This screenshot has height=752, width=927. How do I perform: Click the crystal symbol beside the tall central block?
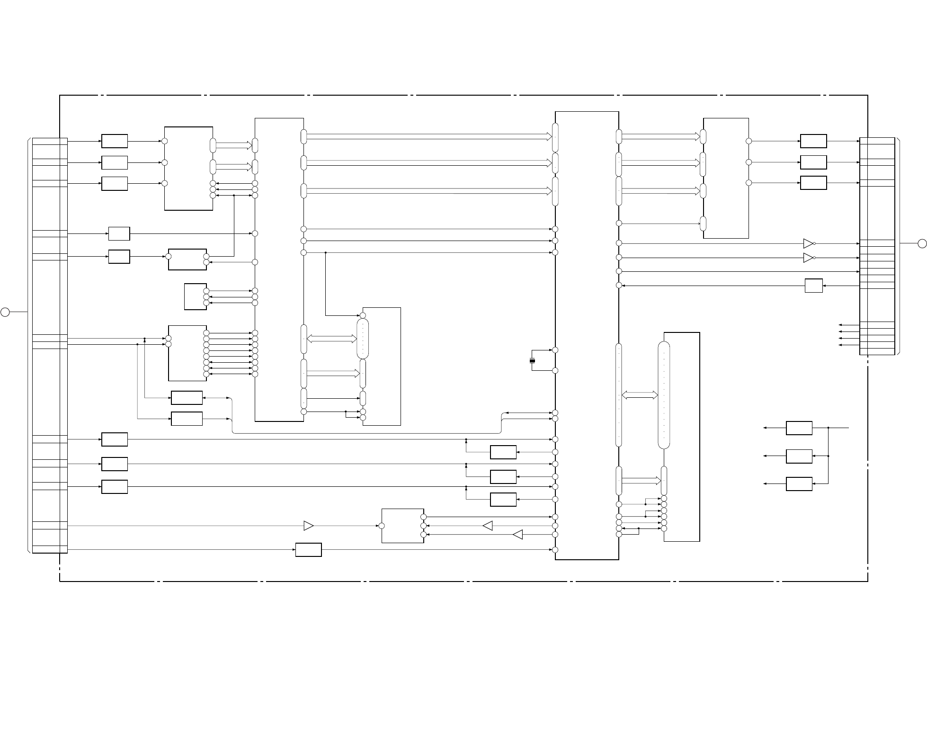click(x=532, y=361)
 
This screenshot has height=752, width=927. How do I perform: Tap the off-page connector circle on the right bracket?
click(x=922, y=243)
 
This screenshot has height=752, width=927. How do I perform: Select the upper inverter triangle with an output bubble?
click(x=808, y=243)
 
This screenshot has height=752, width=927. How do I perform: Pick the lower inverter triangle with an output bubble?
click(x=808, y=258)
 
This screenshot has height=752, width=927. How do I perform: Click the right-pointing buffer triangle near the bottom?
click(x=308, y=526)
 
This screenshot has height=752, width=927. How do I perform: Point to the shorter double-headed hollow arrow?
click(x=640, y=395)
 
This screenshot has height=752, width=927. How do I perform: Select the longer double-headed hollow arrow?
click(x=332, y=339)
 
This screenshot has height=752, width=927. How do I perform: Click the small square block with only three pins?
click(x=195, y=296)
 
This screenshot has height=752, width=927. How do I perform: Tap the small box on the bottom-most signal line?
click(x=308, y=550)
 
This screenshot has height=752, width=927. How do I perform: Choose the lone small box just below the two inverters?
click(x=813, y=286)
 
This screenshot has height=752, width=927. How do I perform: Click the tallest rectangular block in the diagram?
click(x=587, y=335)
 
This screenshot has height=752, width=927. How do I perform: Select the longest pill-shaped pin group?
click(x=664, y=395)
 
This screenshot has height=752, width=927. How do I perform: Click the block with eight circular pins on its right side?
click(x=187, y=353)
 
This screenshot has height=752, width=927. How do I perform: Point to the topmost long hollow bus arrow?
click(x=429, y=136)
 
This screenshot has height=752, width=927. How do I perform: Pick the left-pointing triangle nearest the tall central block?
click(x=517, y=535)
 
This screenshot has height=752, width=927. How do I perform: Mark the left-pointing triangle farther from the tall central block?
click(x=488, y=526)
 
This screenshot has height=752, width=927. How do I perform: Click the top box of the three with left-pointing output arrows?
click(x=799, y=428)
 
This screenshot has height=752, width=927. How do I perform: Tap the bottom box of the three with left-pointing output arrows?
click(x=799, y=484)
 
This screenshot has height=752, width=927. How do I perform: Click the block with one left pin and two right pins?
click(x=187, y=259)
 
